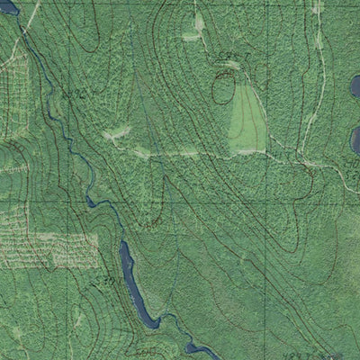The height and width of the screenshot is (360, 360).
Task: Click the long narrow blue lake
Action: (135, 283)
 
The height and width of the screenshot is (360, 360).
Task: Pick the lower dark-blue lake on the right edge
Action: (355, 139)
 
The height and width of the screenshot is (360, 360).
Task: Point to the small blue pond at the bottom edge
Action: (199, 349)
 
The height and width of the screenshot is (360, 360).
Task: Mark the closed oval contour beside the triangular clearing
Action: (221, 89)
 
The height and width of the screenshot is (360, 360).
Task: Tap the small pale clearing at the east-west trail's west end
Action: (115, 136)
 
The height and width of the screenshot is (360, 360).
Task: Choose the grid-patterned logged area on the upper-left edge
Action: (13, 90)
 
